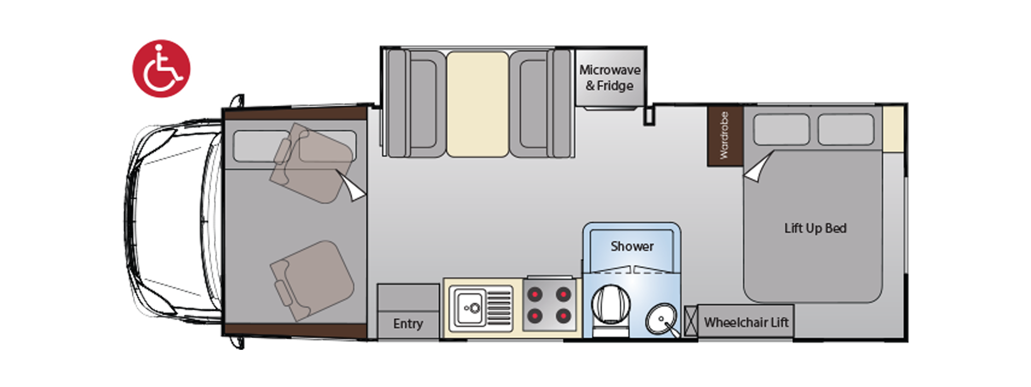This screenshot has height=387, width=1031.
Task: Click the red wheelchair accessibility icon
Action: tap(161, 68)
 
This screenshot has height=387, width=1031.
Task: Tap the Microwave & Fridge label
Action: tap(609, 78)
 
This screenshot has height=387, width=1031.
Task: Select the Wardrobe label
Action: tap(724, 135)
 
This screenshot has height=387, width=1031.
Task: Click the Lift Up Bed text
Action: tap(815, 228)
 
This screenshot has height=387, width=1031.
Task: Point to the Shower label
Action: tap(632, 246)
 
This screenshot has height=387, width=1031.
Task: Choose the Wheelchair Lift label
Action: tap(746, 322)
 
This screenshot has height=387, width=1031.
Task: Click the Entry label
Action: tap(408, 324)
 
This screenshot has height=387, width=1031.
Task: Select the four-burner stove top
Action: tap(549, 305)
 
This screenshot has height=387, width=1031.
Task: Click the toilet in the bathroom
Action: tap(610, 310)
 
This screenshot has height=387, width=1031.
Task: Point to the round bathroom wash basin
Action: tap(662, 320)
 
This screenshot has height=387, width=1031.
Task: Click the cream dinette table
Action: tap(477, 104)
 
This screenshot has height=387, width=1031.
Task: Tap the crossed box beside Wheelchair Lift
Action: tap(691, 321)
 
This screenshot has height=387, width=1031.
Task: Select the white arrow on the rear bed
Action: tap(760, 167)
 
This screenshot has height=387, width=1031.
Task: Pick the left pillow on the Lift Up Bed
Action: tap(781, 130)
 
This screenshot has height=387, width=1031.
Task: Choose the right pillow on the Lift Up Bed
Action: tap(846, 130)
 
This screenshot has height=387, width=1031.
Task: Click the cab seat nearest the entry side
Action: tap(311, 279)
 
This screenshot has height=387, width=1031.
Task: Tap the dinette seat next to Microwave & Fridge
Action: tap(541, 104)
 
